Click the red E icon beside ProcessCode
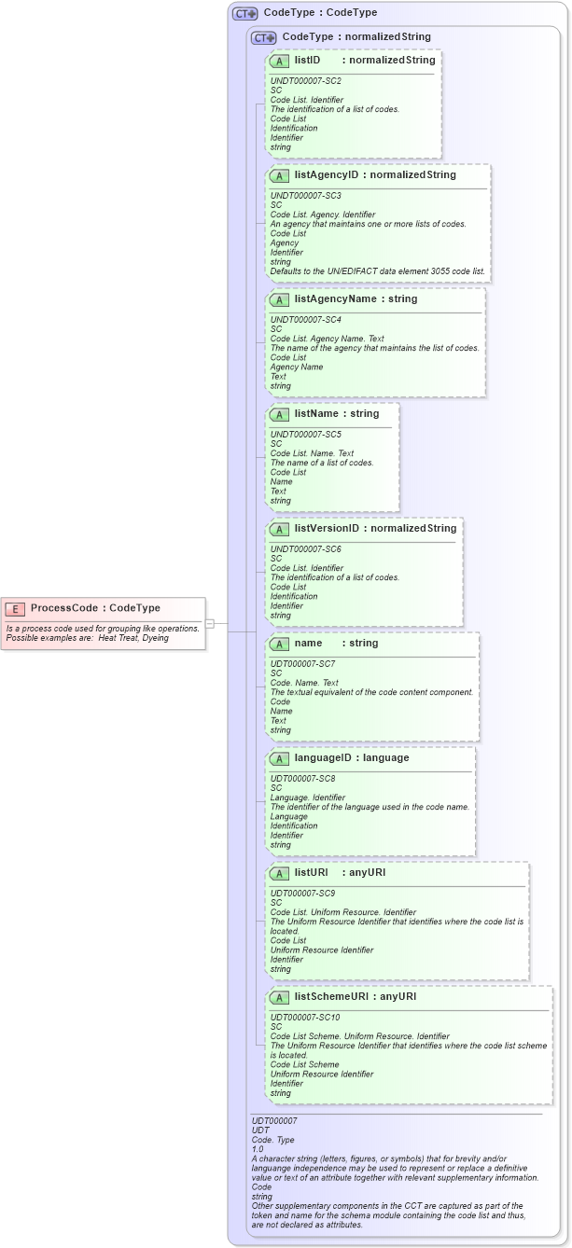(15, 609)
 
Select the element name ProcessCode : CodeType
(95, 609)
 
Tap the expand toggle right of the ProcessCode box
(210, 623)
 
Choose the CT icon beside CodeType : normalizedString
(264, 37)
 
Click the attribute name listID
(307, 61)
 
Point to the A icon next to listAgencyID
(279, 175)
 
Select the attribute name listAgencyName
(342, 299)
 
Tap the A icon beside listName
(279, 414)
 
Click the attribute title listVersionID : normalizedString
(375, 529)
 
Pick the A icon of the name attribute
(279, 644)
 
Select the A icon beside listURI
(279, 873)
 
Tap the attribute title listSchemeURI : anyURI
(356, 997)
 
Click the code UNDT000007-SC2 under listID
(304, 81)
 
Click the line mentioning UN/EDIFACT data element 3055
(377, 271)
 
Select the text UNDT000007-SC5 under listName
(304, 435)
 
